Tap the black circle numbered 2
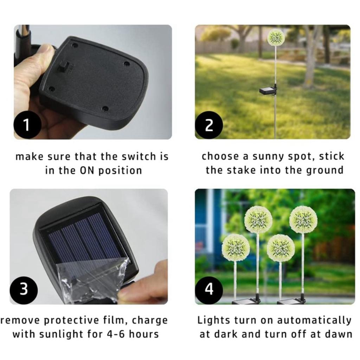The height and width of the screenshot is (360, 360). (x=209, y=125)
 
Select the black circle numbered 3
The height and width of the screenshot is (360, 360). (x=24, y=290)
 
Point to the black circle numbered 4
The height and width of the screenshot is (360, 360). (x=209, y=290)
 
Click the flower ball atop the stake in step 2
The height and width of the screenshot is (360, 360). (x=276, y=37)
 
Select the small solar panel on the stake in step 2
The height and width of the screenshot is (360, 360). (x=268, y=91)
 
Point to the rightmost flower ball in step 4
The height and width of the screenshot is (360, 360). (x=303, y=220)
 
